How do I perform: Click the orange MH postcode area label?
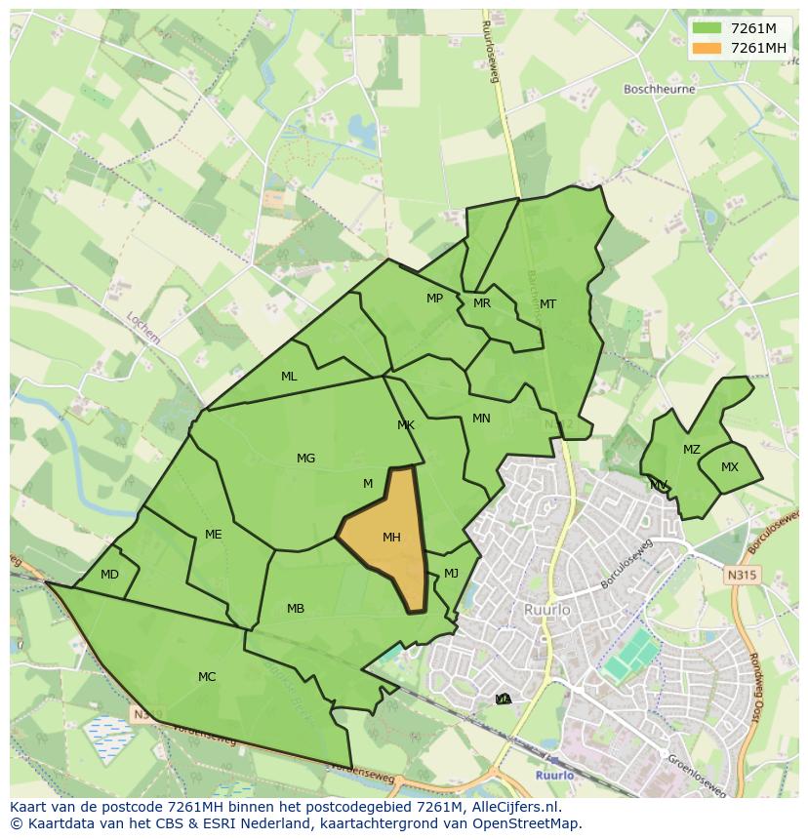(391, 538)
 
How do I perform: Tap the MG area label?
(305, 459)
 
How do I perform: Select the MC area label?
(207, 677)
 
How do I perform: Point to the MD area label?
(109, 575)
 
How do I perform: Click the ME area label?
(214, 535)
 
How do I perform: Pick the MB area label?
(296, 609)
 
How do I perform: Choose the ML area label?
(289, 377)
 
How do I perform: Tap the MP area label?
(434, 299)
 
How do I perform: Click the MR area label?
(481, 303)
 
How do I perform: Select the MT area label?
(547, 304)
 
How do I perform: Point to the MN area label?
(481, 419)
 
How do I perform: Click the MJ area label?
(451, 574)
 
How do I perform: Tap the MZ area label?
(692, 450)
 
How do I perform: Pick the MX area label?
(730, 467)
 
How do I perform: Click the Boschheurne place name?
(659, 89)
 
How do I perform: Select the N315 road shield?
(742, 576)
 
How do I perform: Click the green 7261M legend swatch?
(707, 28)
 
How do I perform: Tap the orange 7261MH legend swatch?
(707, 48)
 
